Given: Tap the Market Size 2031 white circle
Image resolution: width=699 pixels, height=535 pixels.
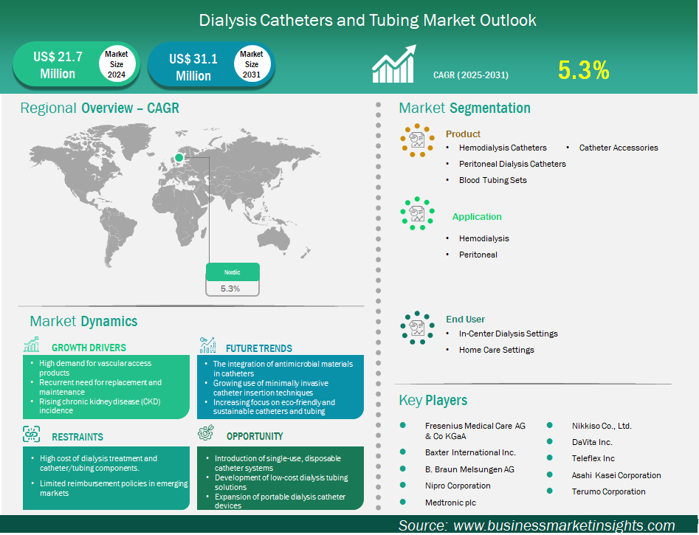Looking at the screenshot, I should point(252,65).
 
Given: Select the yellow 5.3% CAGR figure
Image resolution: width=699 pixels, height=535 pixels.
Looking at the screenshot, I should point(583,70).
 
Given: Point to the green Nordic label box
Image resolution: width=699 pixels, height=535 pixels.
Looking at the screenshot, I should point(233,272).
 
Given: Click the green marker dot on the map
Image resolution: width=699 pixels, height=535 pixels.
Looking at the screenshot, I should point(179,156).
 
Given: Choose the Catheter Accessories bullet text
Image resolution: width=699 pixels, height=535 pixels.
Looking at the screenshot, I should point(618,148).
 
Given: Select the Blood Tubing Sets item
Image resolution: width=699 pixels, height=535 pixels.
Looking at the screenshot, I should point(492,180).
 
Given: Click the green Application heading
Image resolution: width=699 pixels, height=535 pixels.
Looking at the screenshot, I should point(477,217).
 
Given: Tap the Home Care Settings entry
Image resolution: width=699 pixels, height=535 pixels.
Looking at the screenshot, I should point(496,350).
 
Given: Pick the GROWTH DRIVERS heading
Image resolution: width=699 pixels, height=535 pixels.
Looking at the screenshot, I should point(89,348).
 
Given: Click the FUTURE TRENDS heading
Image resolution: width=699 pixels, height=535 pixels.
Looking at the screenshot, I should point(259,348).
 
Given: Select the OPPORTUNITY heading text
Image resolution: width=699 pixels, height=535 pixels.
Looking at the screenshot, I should point(255,436).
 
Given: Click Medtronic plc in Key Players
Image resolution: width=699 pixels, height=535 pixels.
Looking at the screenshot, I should point(450,503).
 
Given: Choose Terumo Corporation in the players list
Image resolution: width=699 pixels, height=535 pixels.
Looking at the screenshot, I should point(608,491).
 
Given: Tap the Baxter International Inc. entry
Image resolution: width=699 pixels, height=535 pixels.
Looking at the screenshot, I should point(470,452).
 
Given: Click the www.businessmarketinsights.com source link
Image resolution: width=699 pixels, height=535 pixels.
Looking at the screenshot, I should point(564,525).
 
